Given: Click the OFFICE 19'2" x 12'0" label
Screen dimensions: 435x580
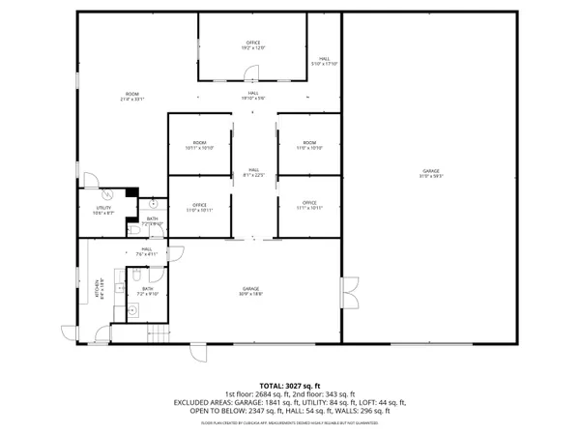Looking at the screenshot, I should tap(253, 45).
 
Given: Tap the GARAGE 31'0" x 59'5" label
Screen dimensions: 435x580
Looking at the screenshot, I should tap(430, 175).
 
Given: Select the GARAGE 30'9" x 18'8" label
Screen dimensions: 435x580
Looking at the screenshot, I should tap(253, 292).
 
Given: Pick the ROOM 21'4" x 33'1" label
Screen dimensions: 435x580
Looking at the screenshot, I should tap(130, 97).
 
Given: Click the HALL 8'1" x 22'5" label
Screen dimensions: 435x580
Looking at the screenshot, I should tap(253, 173).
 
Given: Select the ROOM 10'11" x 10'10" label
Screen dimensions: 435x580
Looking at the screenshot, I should tap(199, 146).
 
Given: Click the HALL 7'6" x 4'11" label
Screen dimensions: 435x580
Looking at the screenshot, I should tap(147, 251).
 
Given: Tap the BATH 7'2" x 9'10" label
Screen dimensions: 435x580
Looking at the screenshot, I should tap(148, 291).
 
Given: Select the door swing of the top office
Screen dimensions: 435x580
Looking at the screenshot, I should tap(250, 72).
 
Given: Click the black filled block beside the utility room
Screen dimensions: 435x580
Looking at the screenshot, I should tap(132, 192).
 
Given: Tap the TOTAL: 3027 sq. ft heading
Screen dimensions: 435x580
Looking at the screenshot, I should tap(289, 386).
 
